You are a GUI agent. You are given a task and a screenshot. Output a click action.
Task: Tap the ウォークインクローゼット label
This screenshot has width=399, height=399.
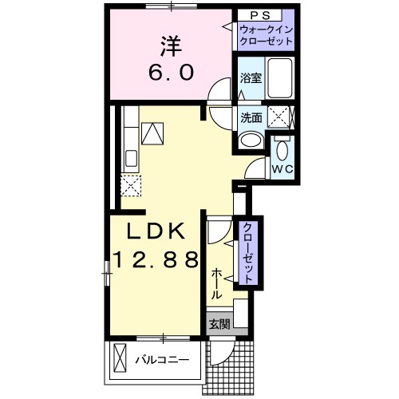[267, 36]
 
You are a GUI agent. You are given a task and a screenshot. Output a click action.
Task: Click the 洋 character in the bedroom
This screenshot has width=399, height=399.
[169, 44]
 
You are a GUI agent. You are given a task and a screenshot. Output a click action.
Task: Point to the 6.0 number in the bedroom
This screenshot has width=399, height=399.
[169, 73]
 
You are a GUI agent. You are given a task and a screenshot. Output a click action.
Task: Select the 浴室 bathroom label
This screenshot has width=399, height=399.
[251, 78]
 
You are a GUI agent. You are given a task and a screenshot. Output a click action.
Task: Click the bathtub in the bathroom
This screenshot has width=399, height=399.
[281, 79]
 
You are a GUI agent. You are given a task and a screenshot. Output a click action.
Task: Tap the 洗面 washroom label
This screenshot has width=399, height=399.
[251, 117]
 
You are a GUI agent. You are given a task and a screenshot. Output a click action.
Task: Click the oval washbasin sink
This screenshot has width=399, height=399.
[250, 141]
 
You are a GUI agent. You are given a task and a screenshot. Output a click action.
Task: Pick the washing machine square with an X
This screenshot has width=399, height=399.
[280, 117]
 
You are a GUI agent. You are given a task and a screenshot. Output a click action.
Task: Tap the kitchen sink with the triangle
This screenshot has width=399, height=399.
[151, 132]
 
